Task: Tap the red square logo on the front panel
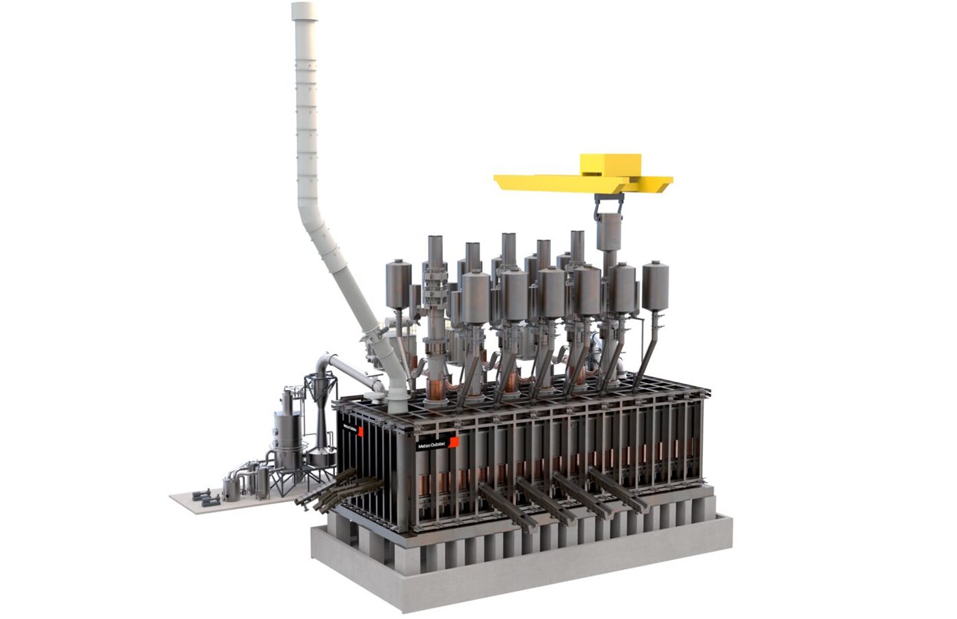454,442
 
